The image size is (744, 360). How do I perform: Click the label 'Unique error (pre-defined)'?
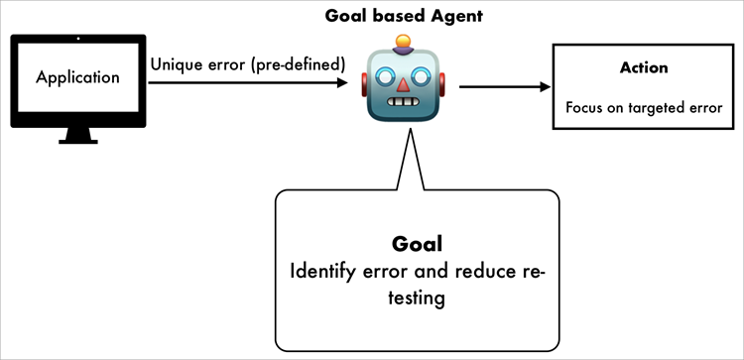tap(247, 64)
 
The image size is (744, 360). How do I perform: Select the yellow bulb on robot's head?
tap(403, 43)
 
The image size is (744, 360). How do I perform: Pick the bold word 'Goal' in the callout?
tap(417, 243)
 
